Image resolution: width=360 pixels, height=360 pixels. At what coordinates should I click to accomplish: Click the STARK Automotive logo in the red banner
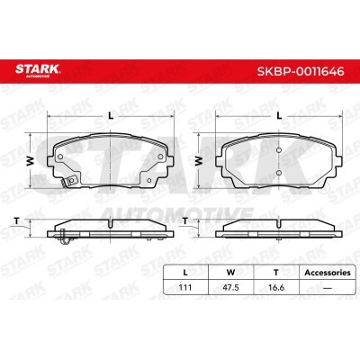[38, 71]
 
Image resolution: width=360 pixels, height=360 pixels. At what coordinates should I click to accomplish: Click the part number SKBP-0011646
[301, 71]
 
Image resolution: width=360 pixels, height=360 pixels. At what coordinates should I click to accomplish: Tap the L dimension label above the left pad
[111, 115]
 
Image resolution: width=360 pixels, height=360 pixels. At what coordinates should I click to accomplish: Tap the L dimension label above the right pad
[279, 115]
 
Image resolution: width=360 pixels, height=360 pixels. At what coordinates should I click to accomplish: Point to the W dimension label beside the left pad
[31, 161]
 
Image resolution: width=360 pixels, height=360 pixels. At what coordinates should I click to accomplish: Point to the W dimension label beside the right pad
[199, 161]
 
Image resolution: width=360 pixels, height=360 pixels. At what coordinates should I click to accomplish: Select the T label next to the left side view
[17, 221]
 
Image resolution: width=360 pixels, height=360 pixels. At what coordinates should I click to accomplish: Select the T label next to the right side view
[185, 221]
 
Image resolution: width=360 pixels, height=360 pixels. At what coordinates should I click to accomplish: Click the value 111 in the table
[185, 287]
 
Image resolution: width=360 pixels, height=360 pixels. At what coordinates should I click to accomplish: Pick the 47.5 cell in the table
[230, 287]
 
